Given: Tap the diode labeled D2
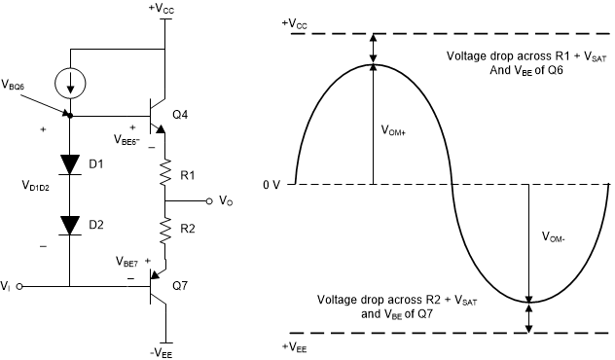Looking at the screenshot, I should (71, 225).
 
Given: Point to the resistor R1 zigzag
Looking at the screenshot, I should (165, 175).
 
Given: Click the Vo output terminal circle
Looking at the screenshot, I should (208, 201).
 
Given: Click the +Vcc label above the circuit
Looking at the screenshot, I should (164, 8).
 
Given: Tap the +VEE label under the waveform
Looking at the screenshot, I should (296, 346).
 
